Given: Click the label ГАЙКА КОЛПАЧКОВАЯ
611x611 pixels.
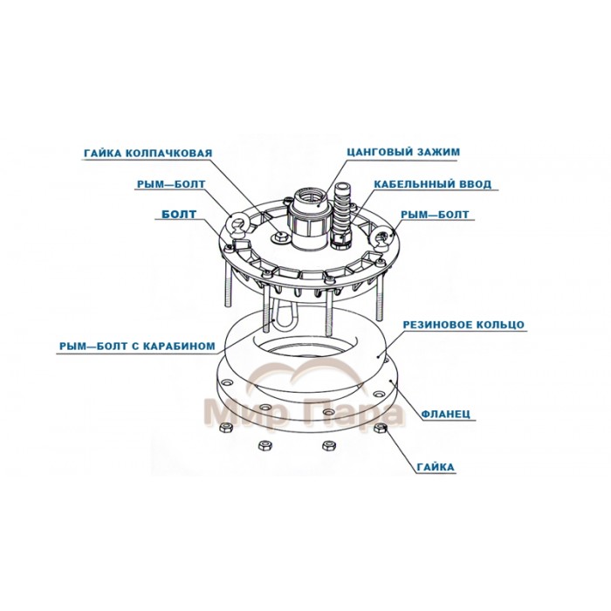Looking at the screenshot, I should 148,154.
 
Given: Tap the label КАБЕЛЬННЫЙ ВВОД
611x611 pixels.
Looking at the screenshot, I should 432,185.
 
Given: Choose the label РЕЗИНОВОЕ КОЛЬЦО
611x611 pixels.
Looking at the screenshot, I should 463,324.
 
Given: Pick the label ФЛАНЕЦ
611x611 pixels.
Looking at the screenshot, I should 450,416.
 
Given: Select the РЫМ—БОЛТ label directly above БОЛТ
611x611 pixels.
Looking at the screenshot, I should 172,185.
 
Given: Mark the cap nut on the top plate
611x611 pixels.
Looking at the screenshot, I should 278,237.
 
